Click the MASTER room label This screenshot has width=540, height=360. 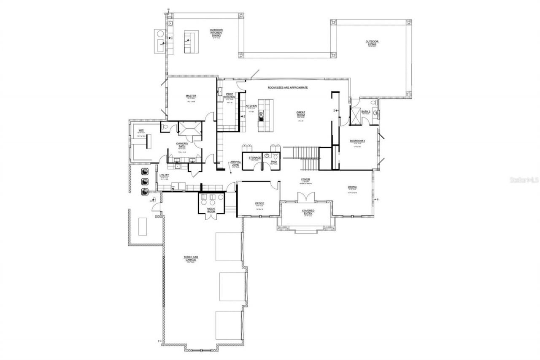[x=191, y=96]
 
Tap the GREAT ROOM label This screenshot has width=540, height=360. [x=300, y=114]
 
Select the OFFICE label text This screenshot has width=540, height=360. [x=259, y=203]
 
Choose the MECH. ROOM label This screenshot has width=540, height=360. [x=211, y=210]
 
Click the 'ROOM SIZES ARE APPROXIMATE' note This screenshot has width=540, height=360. [x=288, y=87]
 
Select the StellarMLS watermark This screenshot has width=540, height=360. [x=524, y=180]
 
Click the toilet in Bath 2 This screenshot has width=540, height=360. [x=373, y=103]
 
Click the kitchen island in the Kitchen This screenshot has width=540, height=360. [x=266, y=115]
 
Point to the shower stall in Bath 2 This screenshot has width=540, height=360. [x=355, y=116]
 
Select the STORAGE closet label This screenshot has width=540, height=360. [x=254, y=158]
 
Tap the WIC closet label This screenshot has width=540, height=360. [x=141, y=130]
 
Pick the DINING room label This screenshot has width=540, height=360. [x=352, y=187]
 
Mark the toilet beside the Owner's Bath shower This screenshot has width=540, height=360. [x=165, y=127]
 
